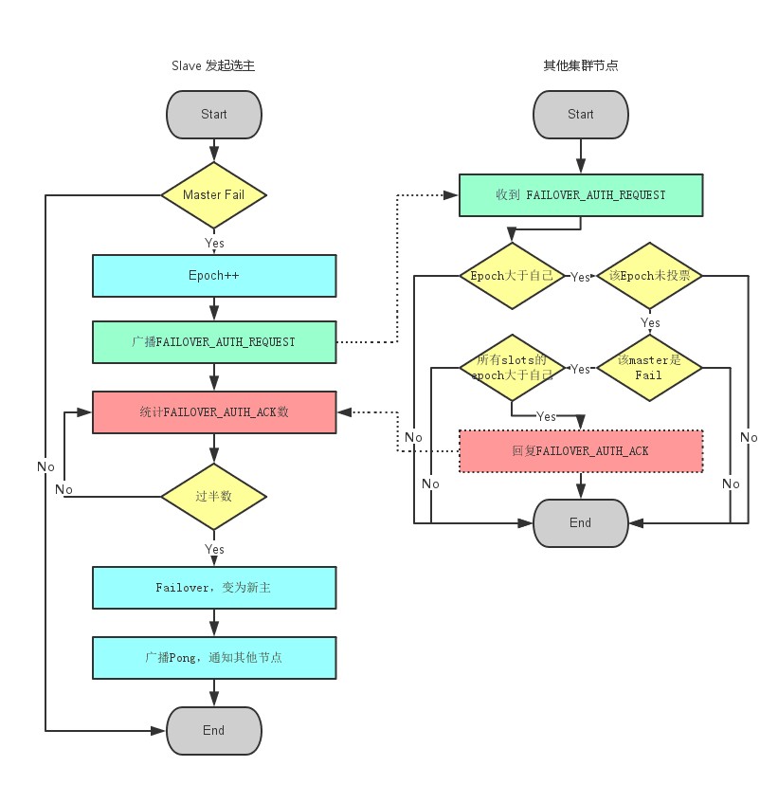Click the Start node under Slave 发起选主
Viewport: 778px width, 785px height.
tap(213, 115)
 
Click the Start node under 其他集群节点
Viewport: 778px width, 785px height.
tap(580, 115)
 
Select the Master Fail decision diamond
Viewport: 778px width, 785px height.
tap(213, 195)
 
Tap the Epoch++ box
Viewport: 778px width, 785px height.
tap(213, 276)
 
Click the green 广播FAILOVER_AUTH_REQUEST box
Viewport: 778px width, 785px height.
tap(213, 342)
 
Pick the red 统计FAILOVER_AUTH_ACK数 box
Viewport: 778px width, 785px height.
tap(213, 412)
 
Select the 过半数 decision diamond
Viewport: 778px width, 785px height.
tap(213, 497)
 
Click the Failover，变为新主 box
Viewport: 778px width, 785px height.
tap(213, 588)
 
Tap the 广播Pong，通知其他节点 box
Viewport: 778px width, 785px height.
tap(213, 657)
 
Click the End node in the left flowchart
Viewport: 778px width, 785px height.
tap(213, 731)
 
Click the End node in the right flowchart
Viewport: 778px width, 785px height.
tap(580, 523)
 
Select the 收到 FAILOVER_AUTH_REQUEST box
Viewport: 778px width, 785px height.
tap(580, 195)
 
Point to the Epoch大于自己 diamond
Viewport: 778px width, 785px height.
tap(512, 276)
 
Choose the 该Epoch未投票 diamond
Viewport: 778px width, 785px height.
tap(649, 276)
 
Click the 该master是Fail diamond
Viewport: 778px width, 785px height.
tap(649, 368)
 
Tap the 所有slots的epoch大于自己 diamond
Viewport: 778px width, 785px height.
tap(512, 368)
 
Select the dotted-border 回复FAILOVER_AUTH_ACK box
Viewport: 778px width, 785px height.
tap(580, 451)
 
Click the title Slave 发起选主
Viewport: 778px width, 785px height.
tap(213, 65)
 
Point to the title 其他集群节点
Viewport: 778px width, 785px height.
tap(580, 65)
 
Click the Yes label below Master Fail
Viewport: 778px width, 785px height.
tap(215, 243)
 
